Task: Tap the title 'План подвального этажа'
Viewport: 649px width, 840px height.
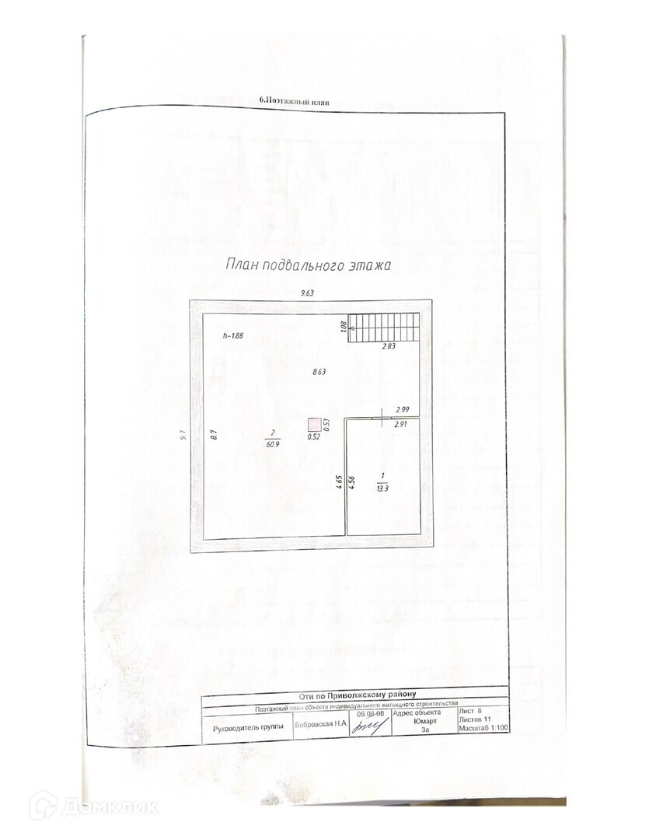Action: point(307,265)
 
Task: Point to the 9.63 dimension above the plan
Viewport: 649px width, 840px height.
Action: point(312,293)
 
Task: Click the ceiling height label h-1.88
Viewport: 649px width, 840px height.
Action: point(233,336)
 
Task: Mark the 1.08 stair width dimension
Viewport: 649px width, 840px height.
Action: point(343,327)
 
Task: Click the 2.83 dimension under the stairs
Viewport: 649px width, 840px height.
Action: point(389,347)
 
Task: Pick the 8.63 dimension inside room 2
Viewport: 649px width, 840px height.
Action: point(319,372)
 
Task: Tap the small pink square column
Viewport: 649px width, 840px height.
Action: point(313,424)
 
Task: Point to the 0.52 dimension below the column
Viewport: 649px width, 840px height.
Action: point(313,436)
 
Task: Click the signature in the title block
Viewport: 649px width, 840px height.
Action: point(370,728)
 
